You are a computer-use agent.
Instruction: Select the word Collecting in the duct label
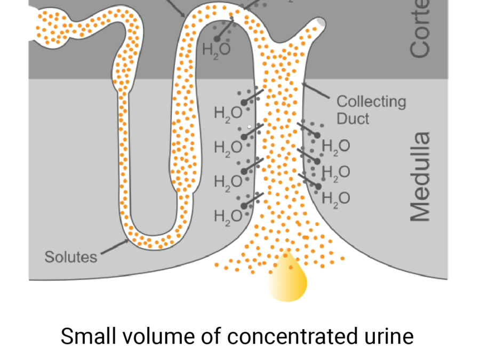[x=371, y=101]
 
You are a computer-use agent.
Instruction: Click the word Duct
[x=353, y=118]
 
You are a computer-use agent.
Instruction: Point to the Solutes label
[x=71, y=257]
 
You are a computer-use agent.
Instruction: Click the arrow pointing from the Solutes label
[x=115, y=246]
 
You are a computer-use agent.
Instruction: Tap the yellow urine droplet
[x=289, y=277]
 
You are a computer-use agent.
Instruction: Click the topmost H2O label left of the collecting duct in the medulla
[x=228, y=114]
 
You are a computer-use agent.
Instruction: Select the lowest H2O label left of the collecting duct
[x=228, y=216]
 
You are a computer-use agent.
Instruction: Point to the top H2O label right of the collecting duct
[x=336, y=146]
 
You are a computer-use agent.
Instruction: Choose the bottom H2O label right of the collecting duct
[x=336, y=198]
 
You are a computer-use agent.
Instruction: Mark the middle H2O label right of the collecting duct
[x=336, y=172]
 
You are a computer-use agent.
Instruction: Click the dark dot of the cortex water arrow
[x=218, y=38]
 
